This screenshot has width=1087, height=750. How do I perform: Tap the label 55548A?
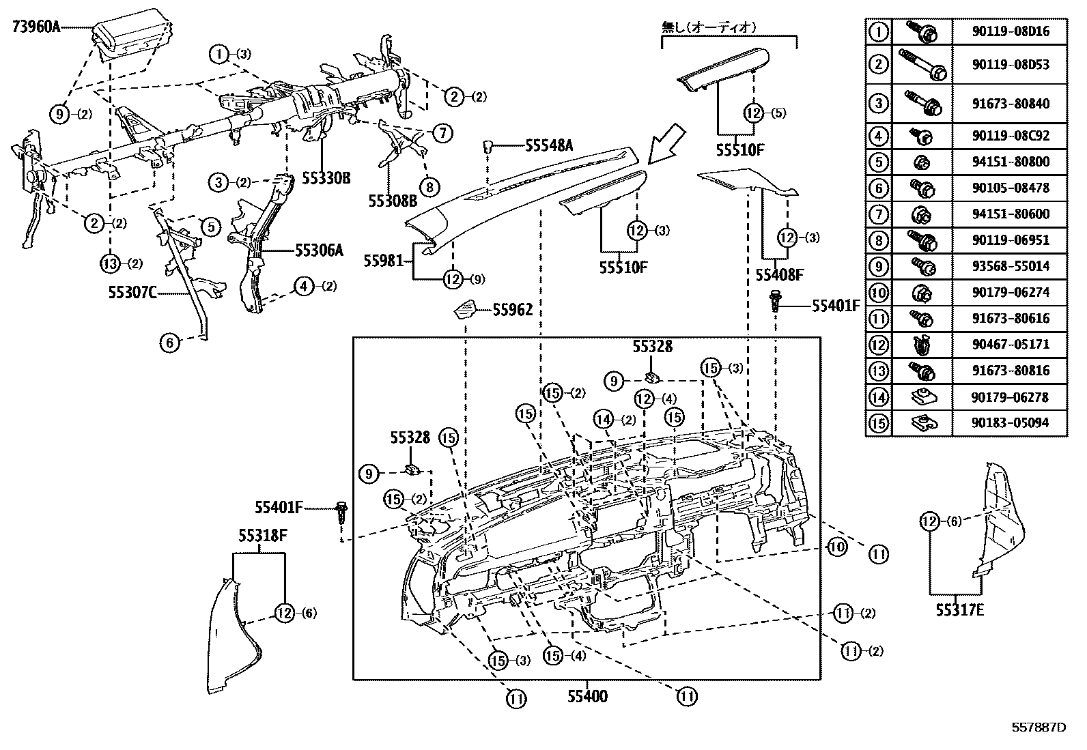[x=549, y=145]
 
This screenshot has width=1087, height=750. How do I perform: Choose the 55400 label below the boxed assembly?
[x=587, y=697]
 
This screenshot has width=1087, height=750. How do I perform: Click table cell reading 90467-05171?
[x=1010, y=344]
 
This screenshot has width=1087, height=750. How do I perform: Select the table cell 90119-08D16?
[x=1010, y=31]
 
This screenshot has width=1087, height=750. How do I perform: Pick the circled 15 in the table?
[x=878, y=423]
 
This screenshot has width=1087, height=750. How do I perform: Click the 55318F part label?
[x=262, y=536]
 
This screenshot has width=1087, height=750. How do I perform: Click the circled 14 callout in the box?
[x=604, y=420]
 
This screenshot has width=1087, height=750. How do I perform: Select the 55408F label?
[x=779, y=275]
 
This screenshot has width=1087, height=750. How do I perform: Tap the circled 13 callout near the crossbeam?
[x=110, y=263]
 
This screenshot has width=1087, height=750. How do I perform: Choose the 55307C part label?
[x=132, y=293]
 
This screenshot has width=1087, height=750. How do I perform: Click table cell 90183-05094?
[x=1010, y=422]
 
